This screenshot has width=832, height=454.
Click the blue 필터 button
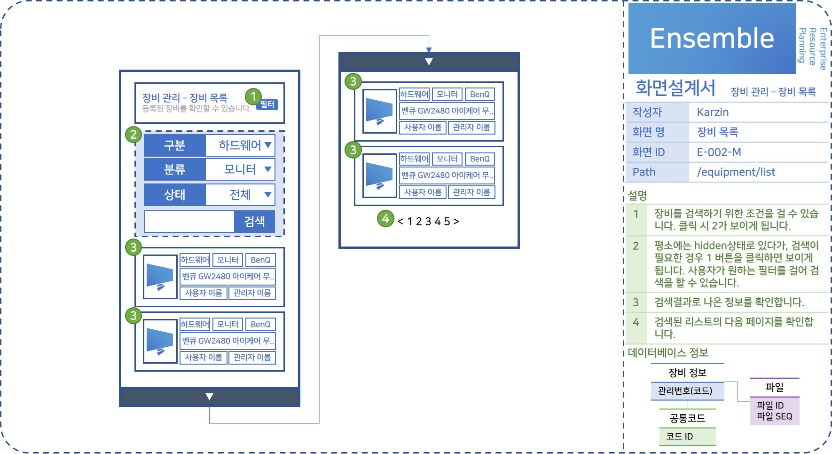coord(267,104)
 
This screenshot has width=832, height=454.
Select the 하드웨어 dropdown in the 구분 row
coord(240,145)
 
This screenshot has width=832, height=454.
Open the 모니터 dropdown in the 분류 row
coord(240,169)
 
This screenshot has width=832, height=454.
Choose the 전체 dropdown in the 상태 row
coord(240,195)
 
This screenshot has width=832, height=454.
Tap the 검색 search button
coord(254,222)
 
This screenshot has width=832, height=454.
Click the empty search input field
coord(189,222)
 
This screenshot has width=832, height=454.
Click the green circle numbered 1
coord(253,96)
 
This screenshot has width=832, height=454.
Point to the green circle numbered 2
coord(133,135)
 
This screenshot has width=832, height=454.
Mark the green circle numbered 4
coord(385,218)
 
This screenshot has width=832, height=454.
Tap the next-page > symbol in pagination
coord(456,222)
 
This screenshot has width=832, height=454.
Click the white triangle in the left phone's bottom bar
coord(210,397)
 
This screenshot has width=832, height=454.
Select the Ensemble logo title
coord(712,38)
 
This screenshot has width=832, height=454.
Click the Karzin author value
coord(713,112)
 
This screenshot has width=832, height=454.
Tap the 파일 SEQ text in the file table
coord(774,417)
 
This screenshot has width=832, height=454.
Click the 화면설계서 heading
coord(675,88)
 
